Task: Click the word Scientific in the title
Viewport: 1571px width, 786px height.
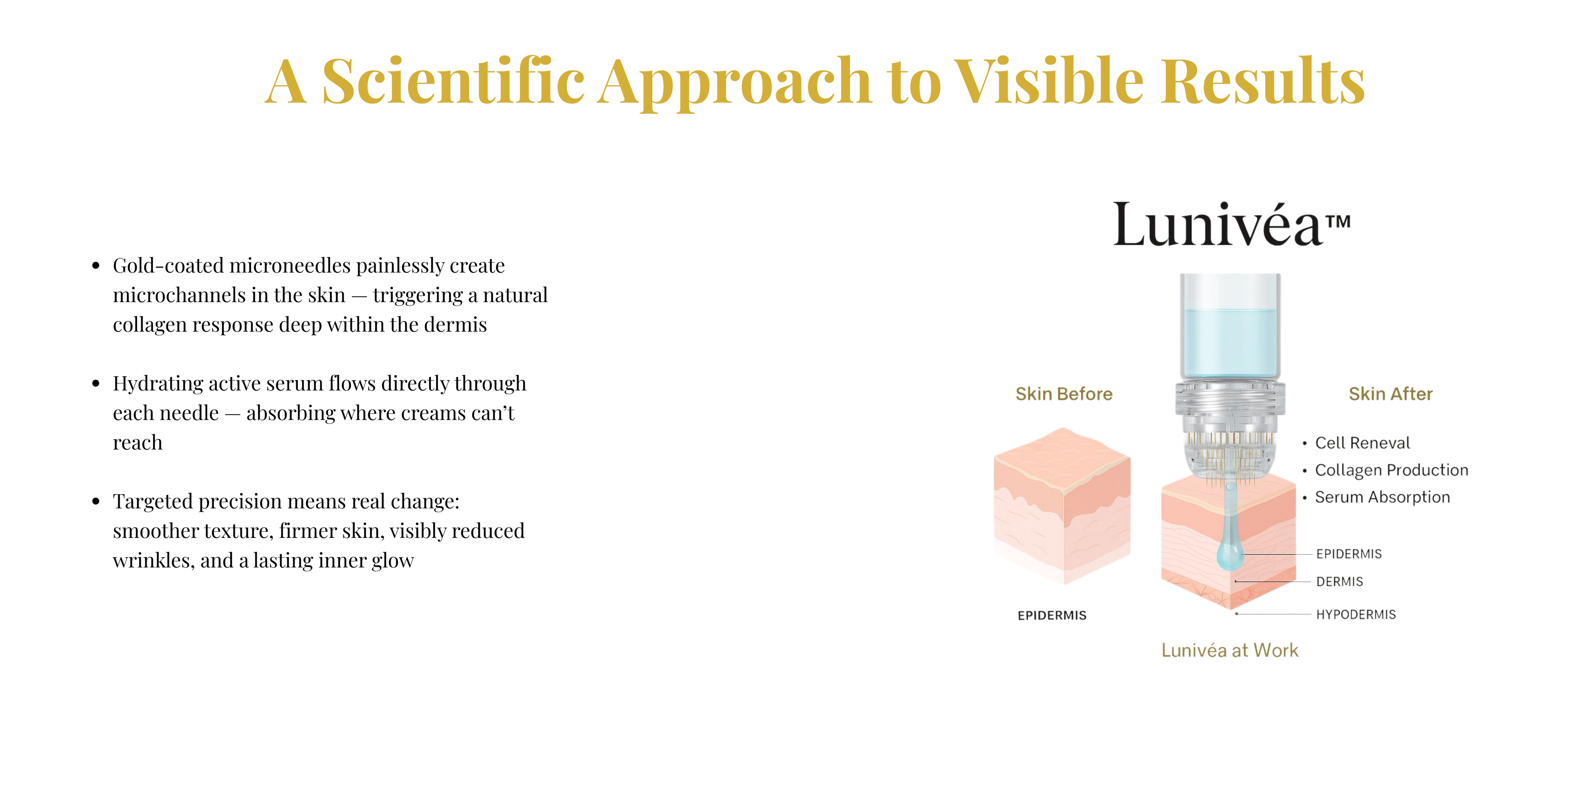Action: click(453, 81)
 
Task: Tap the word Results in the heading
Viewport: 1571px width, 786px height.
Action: click(1263, 81)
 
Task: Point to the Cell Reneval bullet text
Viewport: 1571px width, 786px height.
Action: click(1362, 443)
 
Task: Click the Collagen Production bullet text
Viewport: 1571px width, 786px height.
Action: click(1392, 470)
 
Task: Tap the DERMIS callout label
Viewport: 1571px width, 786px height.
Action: click(1339, 582)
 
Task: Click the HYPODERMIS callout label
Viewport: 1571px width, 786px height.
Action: click(1356, 614)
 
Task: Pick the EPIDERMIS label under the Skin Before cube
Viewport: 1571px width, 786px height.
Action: click(1052, 615)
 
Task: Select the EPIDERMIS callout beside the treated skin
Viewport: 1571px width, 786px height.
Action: click(1349, 554)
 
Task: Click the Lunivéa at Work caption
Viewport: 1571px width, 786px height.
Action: click(1229, 650)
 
